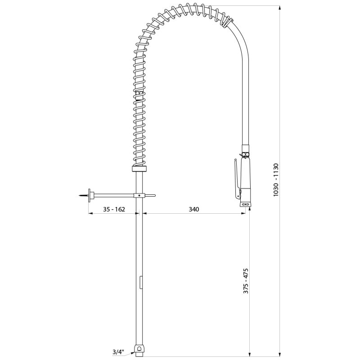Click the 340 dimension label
pos(194,209)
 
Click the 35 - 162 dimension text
pos(114,209)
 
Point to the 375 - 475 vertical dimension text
pos(246,280)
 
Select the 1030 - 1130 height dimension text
pos(276,180)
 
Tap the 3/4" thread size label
pos(118,352)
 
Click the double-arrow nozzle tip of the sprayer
pos(245,204)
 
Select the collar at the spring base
pos(139,169)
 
